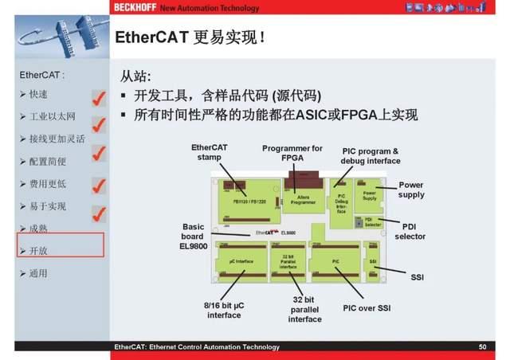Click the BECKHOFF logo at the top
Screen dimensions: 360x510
[x=135, y=8]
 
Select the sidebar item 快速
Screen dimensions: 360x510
[x=38, y=94]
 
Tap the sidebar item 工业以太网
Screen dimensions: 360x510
[x=49, y=116]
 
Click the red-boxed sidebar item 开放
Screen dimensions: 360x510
[x=38, y=251]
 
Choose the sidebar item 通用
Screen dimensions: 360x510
[x=38, y=273]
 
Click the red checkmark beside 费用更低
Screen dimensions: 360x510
[x=99, y=186]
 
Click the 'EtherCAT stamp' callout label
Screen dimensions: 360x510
[x=210, y=152]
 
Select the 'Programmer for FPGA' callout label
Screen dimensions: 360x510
[x=292, y=153]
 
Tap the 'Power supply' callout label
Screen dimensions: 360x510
[x=411, y=190]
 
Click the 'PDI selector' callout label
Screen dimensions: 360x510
[x=410, y=231]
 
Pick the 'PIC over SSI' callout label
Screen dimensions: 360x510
[x=367, y=307]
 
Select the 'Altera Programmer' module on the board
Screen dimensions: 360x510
[x=303, y=198]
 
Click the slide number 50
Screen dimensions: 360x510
[x=482, y=347]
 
